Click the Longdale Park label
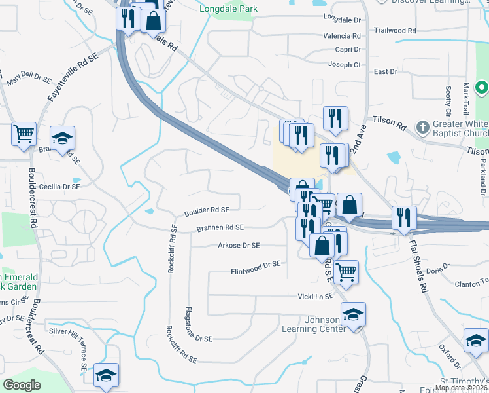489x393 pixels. (x=228, y=9)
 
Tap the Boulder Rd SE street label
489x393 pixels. (x=207, y=210)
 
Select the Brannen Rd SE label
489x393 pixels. (x=220, y=228)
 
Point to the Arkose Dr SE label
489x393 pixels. (x=238, y=246)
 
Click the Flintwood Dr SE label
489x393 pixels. (x=255, y=267)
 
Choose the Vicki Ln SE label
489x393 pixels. (x=311, y=296)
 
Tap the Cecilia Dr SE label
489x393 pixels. (x=59, y=187)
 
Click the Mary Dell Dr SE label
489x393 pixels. (x=29, y=81)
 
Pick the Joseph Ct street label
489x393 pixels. (x=345, y=65)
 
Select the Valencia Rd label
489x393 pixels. (x=342, y=36)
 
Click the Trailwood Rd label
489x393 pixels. (x=395, y=31)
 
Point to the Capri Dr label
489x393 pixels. (x=347, y=50)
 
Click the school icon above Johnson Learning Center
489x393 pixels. (x=353, y=315)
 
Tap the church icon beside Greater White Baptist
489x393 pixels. (x=423, y=126)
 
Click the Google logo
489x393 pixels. (x=22, y=385)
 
